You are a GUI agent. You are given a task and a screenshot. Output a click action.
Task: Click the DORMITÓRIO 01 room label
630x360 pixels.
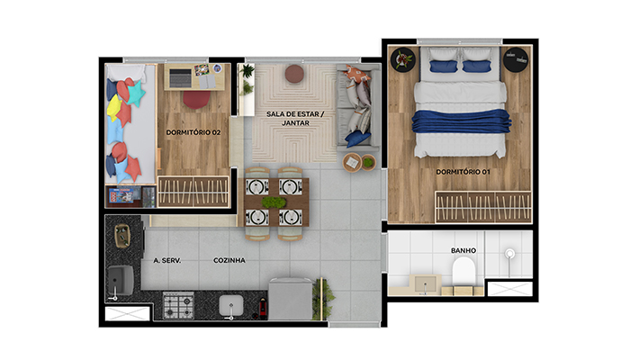(x=463, y=172)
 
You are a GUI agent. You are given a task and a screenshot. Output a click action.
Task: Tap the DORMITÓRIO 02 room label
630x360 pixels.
(x=193, y=132)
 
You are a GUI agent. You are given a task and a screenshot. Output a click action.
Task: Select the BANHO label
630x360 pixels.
(x=463, y=251)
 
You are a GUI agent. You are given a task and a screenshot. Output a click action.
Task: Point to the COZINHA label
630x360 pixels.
(x=229, y=260)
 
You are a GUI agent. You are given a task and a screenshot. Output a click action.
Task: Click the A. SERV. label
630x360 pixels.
(x=167, y=260)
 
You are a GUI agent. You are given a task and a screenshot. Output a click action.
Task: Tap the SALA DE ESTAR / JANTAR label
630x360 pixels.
(x=295, y=119)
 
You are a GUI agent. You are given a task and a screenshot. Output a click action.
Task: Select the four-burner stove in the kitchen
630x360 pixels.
(x=178, y=305)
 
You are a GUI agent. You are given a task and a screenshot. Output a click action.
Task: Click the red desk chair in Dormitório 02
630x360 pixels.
(x=197, y=100)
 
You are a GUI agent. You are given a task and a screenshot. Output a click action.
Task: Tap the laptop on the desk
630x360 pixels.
(x=180, y=78)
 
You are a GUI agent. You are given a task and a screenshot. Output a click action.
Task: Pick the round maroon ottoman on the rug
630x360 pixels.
(x=294, y=74)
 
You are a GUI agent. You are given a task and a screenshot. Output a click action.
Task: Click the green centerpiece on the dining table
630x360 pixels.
(x=274, y=202)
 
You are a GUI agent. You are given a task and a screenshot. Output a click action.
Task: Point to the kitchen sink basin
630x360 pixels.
(x=231, y=305)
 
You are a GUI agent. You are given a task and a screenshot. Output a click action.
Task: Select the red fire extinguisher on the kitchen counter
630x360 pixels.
(x=263, y=308)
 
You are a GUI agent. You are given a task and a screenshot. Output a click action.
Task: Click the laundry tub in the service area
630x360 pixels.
(x=121, y=280)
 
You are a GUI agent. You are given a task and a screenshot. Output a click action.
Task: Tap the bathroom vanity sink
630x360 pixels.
(x=426, y=283)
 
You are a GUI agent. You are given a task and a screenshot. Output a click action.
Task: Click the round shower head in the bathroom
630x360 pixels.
(x=509, y=254)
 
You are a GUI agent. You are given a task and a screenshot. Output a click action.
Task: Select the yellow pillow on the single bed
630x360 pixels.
(x=114, y=108)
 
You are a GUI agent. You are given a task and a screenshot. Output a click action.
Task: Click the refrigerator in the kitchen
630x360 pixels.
(x=291, y=299)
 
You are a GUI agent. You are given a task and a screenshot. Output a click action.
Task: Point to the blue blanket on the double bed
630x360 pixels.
(x=461, y=121)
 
